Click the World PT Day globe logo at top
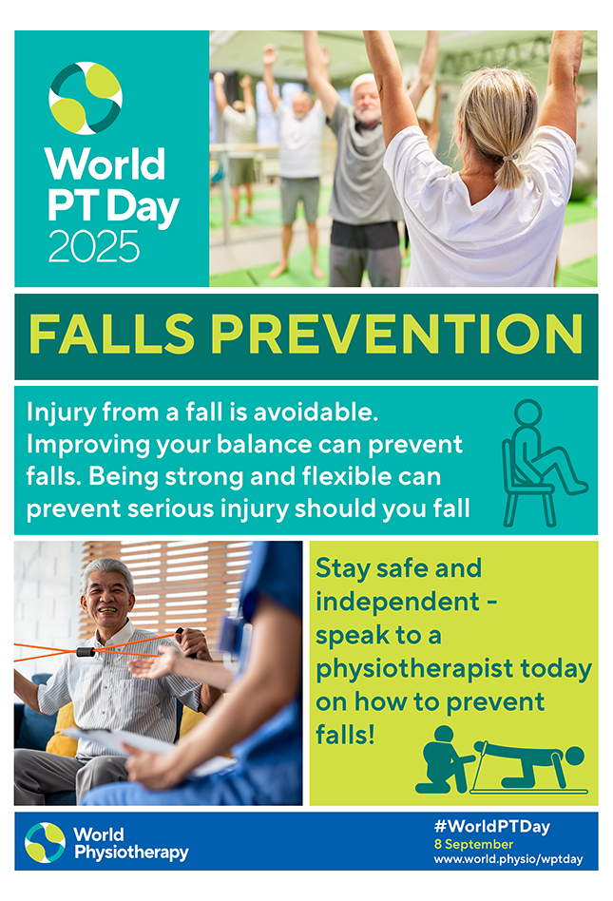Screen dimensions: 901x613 [86, 98]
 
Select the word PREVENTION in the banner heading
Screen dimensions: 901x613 [396, 335]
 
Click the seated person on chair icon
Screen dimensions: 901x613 [540, 463]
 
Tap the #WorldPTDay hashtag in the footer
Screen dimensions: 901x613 [491, 827]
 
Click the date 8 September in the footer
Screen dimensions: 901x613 [473, 844]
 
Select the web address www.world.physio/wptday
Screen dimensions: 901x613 [508, 859]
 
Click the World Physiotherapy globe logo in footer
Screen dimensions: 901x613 [46, 842]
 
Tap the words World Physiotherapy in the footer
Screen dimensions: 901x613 [130, 843]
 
